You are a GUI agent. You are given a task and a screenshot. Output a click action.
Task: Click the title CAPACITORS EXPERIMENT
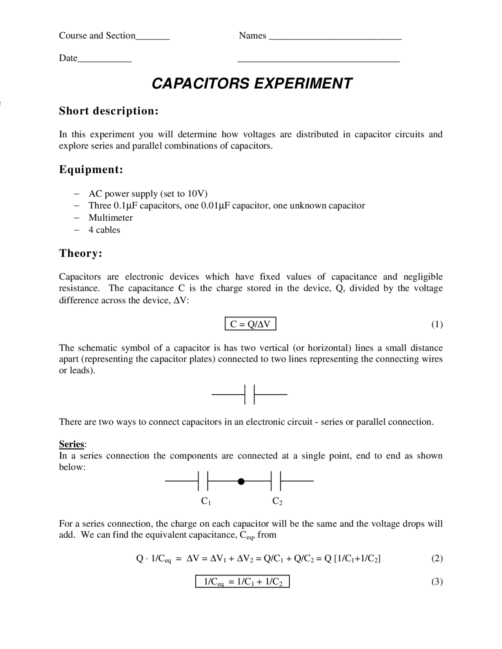252,83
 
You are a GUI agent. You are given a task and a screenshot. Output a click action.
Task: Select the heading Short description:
109,111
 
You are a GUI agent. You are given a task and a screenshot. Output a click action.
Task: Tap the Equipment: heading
91,170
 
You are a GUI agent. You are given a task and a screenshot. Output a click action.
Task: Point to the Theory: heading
81,253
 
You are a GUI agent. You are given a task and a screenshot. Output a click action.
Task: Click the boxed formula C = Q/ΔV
250,324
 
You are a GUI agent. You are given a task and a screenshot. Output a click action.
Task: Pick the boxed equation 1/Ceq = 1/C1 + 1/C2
242,582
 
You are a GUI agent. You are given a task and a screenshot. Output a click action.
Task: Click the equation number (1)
437,324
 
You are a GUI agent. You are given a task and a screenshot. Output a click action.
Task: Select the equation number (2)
437,558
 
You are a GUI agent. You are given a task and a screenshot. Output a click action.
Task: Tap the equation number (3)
437,582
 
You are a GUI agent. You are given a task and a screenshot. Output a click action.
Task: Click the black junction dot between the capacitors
241,481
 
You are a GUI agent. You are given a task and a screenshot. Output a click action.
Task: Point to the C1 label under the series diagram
206,501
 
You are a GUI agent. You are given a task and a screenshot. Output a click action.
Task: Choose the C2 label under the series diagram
277,501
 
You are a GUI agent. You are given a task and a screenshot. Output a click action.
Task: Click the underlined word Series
71,444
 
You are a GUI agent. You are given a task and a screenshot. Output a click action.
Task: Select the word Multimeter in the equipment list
111,218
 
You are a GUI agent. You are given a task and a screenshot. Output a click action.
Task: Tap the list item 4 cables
104,230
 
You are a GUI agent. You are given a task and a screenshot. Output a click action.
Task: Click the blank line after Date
105,61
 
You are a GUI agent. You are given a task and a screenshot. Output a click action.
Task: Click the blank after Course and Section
153,38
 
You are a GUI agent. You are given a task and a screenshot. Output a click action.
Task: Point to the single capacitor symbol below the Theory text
249,394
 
